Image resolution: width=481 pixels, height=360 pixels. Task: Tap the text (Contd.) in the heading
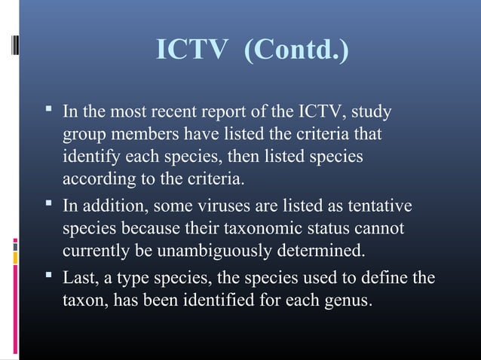click(x=296, y=51)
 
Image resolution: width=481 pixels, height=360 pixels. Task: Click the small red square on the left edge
click(x=15, y=241)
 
